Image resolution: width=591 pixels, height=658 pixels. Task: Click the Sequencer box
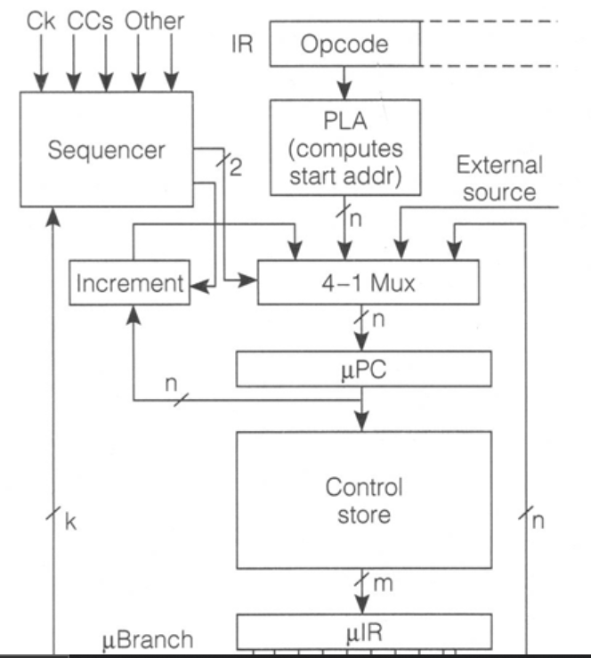[106, 150]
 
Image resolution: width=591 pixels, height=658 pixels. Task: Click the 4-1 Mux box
[368, 285]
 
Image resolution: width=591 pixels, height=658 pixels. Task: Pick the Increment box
[128, 285]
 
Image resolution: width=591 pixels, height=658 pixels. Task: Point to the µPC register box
[363, 366]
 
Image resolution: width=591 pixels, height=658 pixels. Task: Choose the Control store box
[363, 500]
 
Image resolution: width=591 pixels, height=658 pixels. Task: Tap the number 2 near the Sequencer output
[235, 168]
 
